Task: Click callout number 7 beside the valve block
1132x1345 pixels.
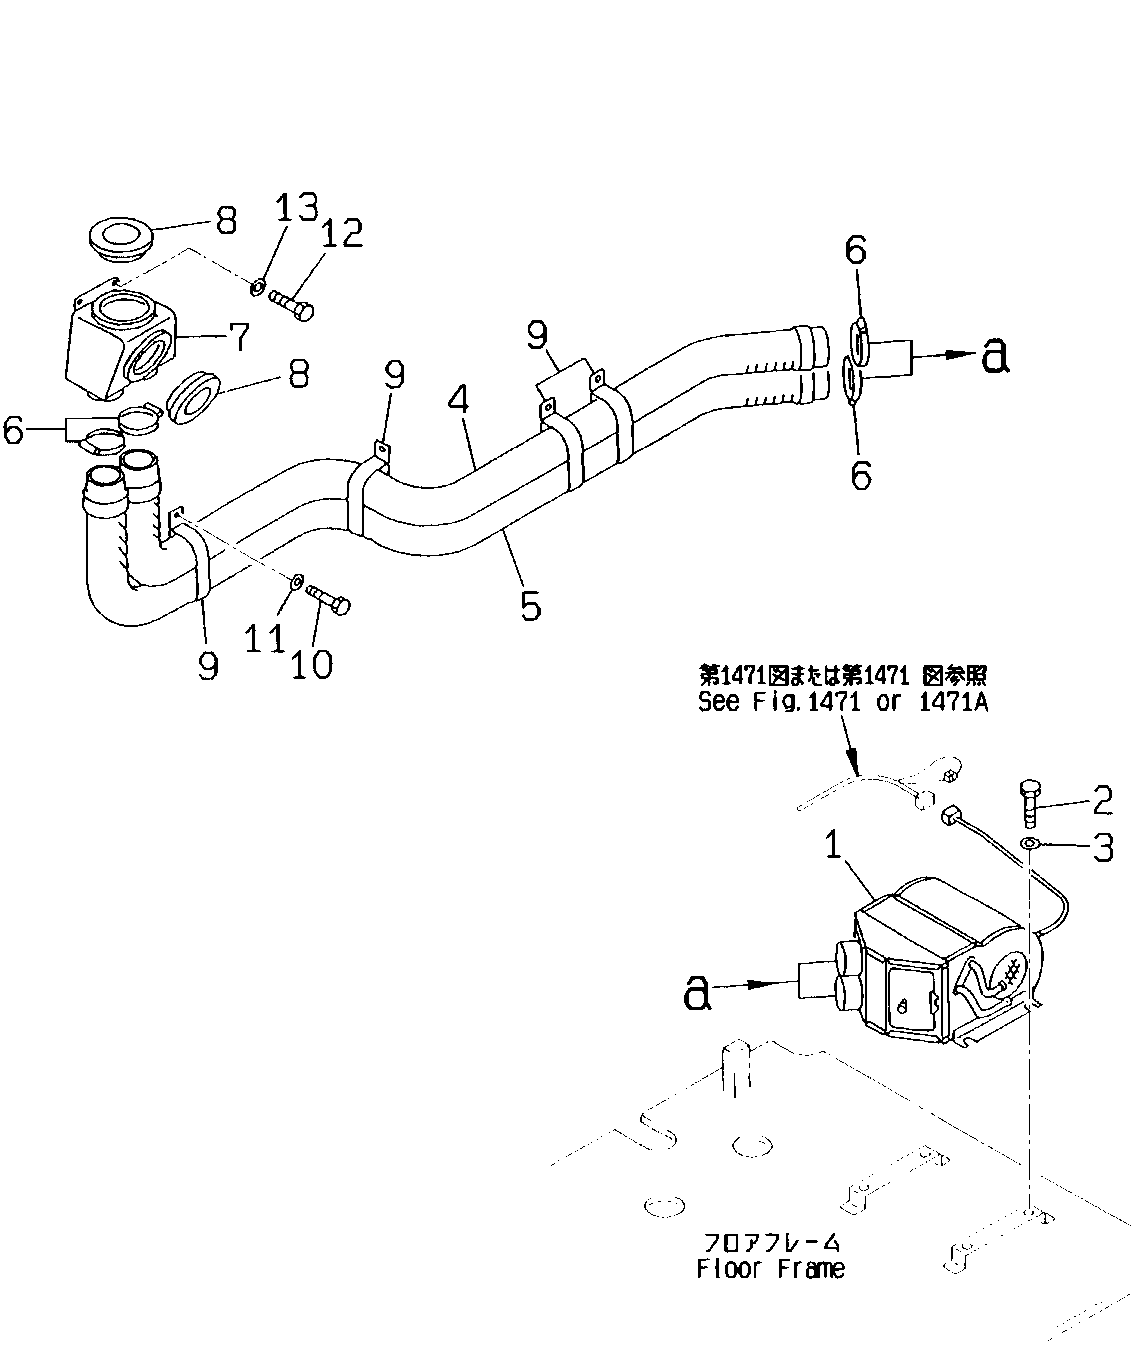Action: tap(239, 336)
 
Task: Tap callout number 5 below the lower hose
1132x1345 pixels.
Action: tap(530, 606)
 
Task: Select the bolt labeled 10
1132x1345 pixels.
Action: tap(328, 597)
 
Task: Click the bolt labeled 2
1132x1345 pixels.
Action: tap(1029, 804)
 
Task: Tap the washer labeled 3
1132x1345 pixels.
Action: tap(1029, 843)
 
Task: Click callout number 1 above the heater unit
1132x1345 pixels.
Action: tap(833, 845)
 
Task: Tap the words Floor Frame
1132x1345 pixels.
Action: tap(770, 1269)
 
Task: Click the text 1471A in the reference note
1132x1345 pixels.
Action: tap(953, 703)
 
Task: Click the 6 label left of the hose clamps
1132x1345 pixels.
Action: tap(14, 430)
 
